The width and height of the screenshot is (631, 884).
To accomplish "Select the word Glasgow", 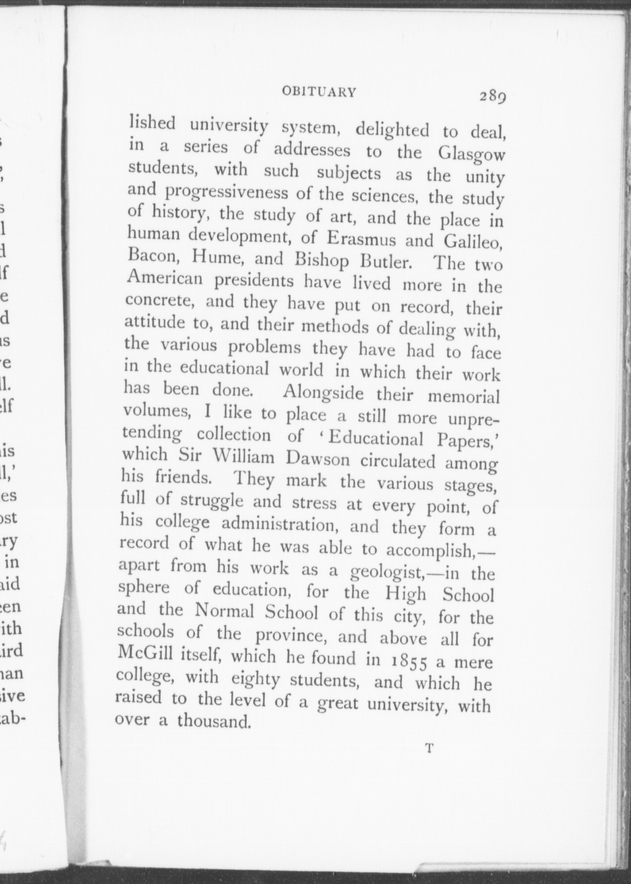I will (471, 155).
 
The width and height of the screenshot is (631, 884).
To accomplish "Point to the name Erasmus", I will (361, 239).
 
